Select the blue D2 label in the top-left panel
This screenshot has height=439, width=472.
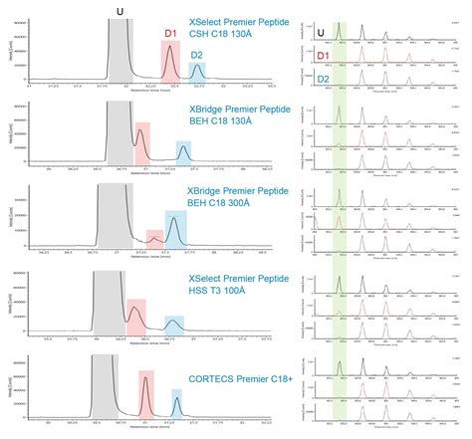(x=196, y=55)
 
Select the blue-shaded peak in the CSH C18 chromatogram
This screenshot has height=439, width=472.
(x=196, y=71)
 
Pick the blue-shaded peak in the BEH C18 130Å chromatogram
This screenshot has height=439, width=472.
(x=183, y=152)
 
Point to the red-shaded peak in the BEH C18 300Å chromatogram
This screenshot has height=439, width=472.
(x=154, y=238)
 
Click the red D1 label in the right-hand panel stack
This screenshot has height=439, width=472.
(x=320, y=56)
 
